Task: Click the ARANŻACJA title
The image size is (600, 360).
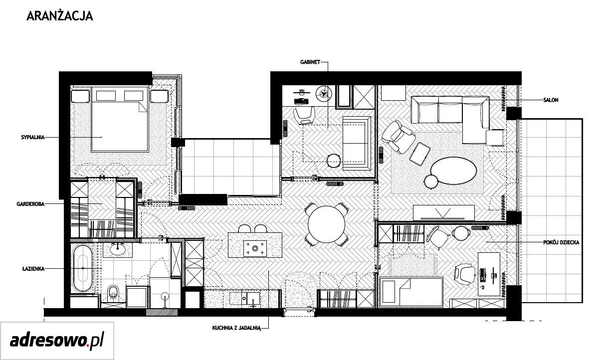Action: pos(60,16)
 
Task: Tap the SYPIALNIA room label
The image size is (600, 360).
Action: pos(33,138)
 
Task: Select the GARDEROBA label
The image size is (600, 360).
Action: pos(30,204)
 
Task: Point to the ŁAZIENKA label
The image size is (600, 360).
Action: pos(33,268)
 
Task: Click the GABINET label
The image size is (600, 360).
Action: pos(310,62)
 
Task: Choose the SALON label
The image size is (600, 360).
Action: pos(551,100)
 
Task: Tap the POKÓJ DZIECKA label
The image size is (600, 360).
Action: pos(561,243)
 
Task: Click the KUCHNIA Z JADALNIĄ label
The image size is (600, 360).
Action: pos(236,328)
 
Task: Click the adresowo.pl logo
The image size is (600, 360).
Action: pos(57,341)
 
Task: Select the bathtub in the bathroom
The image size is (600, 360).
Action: pos(83,268)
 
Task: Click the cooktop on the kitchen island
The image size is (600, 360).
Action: pos(255,248)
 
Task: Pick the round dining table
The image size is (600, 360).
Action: pos(327,224)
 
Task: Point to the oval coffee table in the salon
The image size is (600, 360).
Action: pos(454,171)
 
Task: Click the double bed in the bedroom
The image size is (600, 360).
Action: pos(120,119)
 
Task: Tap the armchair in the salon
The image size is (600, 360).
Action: pos(399,137)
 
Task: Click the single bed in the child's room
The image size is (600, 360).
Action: pos(411,292)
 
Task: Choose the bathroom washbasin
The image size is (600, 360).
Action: pos(117,249)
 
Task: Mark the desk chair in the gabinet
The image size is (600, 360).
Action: pos(304,116)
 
